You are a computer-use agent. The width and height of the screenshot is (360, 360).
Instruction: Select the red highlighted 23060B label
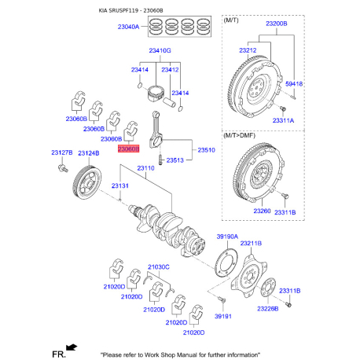pos(128,148)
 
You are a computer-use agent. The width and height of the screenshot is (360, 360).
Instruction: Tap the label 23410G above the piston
pos(160,50)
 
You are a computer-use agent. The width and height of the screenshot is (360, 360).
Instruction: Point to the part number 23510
pos(207,149)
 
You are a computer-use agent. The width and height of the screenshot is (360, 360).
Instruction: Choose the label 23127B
pos(62,152)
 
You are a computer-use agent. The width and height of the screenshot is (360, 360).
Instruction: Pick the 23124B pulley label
pos(88,152)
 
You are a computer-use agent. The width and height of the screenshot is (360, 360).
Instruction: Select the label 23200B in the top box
pos(277,24)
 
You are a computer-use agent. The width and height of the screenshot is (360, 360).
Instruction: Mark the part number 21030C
pos(158,267)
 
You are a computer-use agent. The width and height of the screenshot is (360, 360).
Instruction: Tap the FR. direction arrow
pos(72,347)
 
